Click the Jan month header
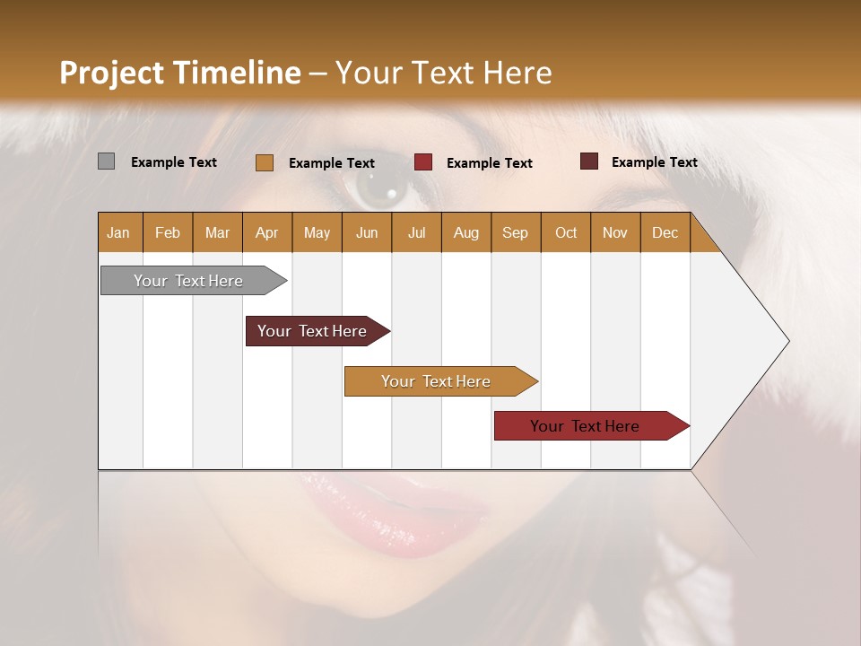(x=118, y=232)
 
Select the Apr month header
(x=266, y=232)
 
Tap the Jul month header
(x=416, y=232)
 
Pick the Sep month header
(x=515, y=232)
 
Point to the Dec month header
(x=665, y=232)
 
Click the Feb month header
(x=168, y=232)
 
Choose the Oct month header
(x=566, y=232)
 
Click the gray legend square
(x=106, y=161)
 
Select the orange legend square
(x=264, y=162)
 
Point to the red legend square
(x=422, y=162)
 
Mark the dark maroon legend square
(x=588, y=161)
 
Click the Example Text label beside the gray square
(x=174, y=162)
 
